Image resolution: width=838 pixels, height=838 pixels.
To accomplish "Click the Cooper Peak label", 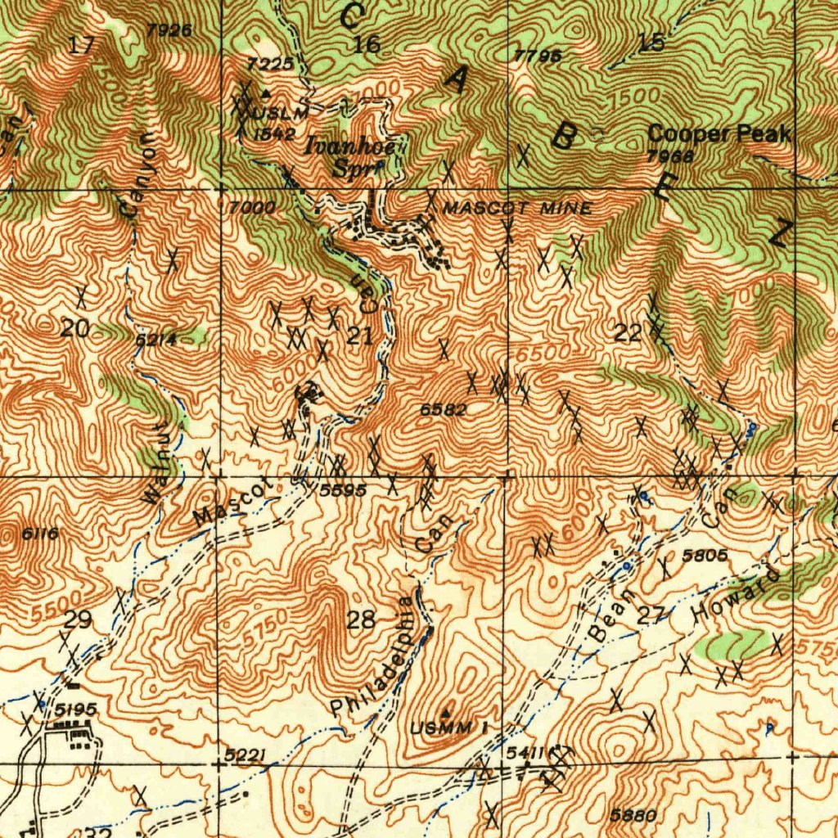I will (x=719, y=133).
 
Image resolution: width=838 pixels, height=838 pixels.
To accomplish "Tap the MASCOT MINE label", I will (x=516, y=209).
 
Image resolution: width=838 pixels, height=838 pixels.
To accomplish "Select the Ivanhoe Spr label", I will (x=352, y=157).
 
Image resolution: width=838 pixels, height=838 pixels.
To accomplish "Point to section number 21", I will (x=359, y=335).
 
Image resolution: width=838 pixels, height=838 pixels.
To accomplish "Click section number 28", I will (x=360, y=619).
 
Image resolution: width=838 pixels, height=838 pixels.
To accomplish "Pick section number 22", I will (x=628, y=332).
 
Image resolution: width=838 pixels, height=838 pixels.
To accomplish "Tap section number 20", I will (x=74, y=329).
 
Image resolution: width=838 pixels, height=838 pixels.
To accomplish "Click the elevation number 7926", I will (x=169, y=30).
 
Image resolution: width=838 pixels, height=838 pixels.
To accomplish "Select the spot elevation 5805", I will (x=705, y=556).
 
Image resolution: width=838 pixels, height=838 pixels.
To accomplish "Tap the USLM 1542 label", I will (x=276, y=123).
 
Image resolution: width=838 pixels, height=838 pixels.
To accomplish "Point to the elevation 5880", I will (x=633, y=815).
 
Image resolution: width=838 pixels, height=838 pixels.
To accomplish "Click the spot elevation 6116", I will (x=39, y=534).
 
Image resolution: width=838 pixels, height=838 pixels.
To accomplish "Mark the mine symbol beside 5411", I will (x=559, y=753).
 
